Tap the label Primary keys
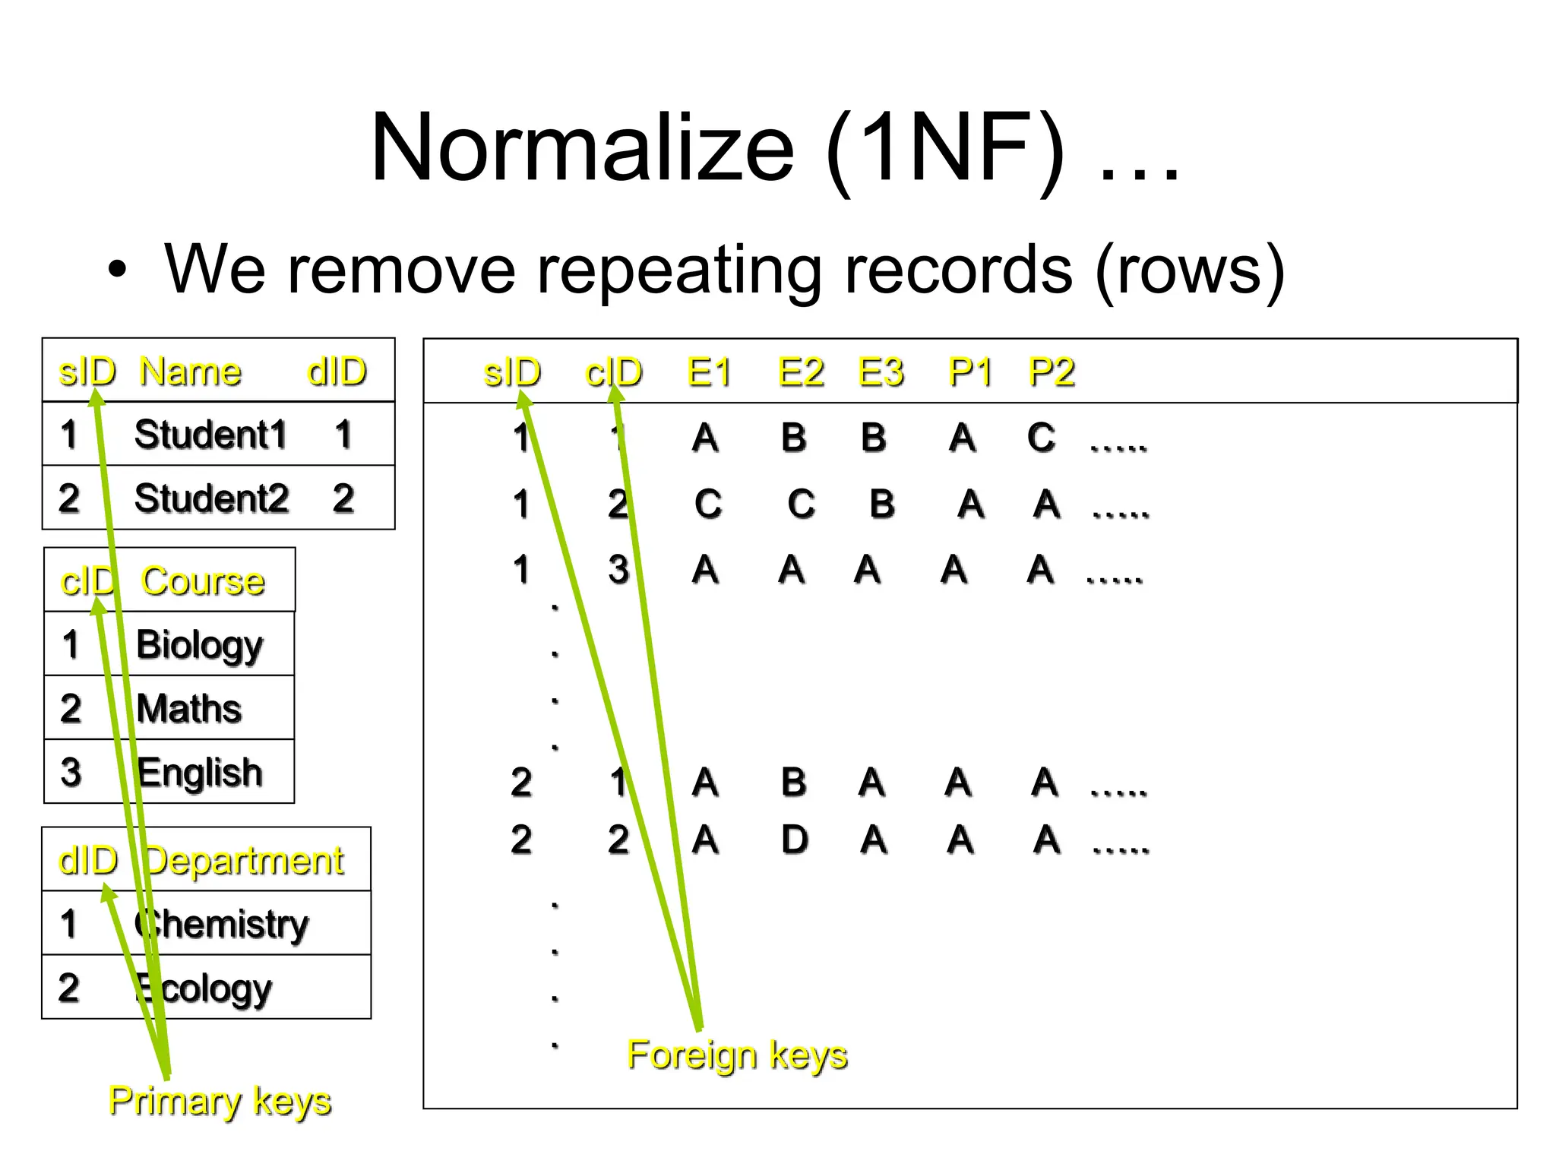220,1101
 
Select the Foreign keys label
737,1055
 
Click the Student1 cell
210,435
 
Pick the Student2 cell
211,498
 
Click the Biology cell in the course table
199,645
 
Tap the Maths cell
189,708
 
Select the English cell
200,773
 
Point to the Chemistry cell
221,924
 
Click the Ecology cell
203,988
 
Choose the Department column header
244,861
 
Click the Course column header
203,581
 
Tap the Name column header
190,372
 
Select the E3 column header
881,372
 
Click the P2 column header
1051,372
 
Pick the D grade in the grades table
795,840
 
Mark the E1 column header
709,372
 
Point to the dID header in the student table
337,372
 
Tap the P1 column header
970,372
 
